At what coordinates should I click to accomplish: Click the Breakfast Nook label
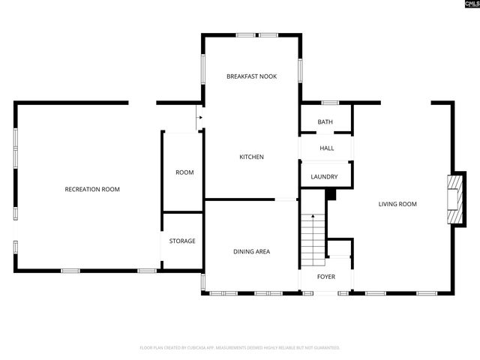coord(251,76)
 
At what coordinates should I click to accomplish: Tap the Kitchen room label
coord(251,157)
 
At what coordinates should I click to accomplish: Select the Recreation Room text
coord(92,189)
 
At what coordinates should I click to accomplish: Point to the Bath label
coord(325,121)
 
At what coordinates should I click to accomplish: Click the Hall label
coord(326,148)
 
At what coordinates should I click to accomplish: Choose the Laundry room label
coord(325,177)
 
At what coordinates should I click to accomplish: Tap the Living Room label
coord(397,204)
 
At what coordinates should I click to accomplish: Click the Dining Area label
coord(251,251)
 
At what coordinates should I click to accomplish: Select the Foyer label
coord(325,277)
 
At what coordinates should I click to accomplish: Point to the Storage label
coord(181,241)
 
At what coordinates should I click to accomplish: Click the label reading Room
coord(184,172)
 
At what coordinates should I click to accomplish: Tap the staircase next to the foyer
coord(313,236)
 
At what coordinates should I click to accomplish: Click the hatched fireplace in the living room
coord(453,199)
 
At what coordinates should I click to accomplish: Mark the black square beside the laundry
coord(331,195)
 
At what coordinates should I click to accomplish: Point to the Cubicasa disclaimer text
coord(240,348)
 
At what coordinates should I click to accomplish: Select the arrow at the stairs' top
coord(313,217)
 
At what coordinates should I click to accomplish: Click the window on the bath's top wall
coord(329,103)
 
